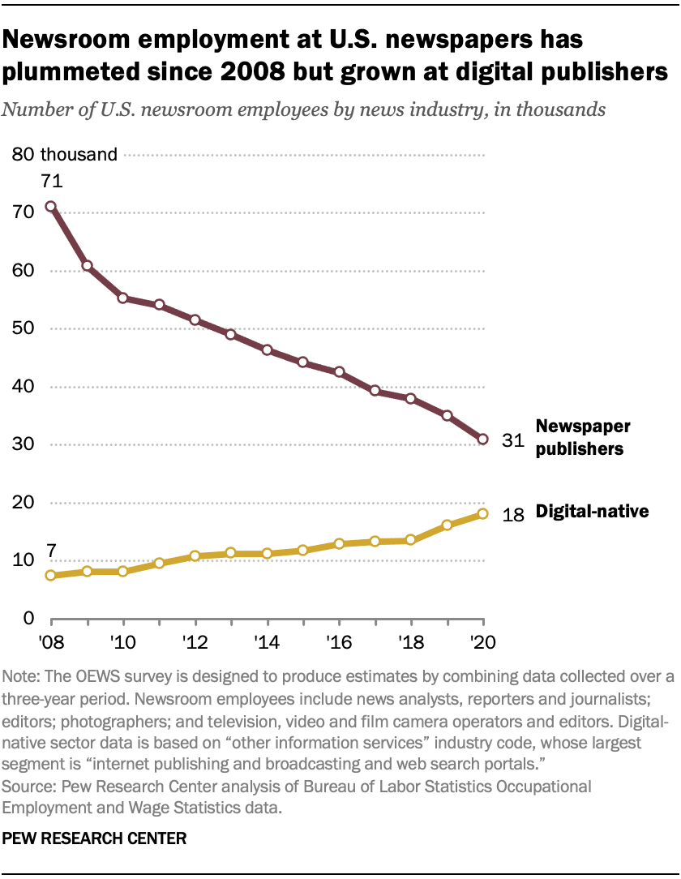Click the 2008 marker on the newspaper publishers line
[x=51, y=207]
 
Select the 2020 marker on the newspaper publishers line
[x=483, y=439]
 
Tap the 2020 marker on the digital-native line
[x=483, y=513]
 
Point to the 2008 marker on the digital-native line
[x=51, y=576]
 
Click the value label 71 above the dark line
[x=51, y=182]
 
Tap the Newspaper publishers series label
[x=582, y=437]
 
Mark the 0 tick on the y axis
[x=27, y=619]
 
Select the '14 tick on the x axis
[x=267, y=641]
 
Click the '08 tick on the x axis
[x=51, y=641]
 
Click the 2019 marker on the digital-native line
[x=447, y=525]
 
